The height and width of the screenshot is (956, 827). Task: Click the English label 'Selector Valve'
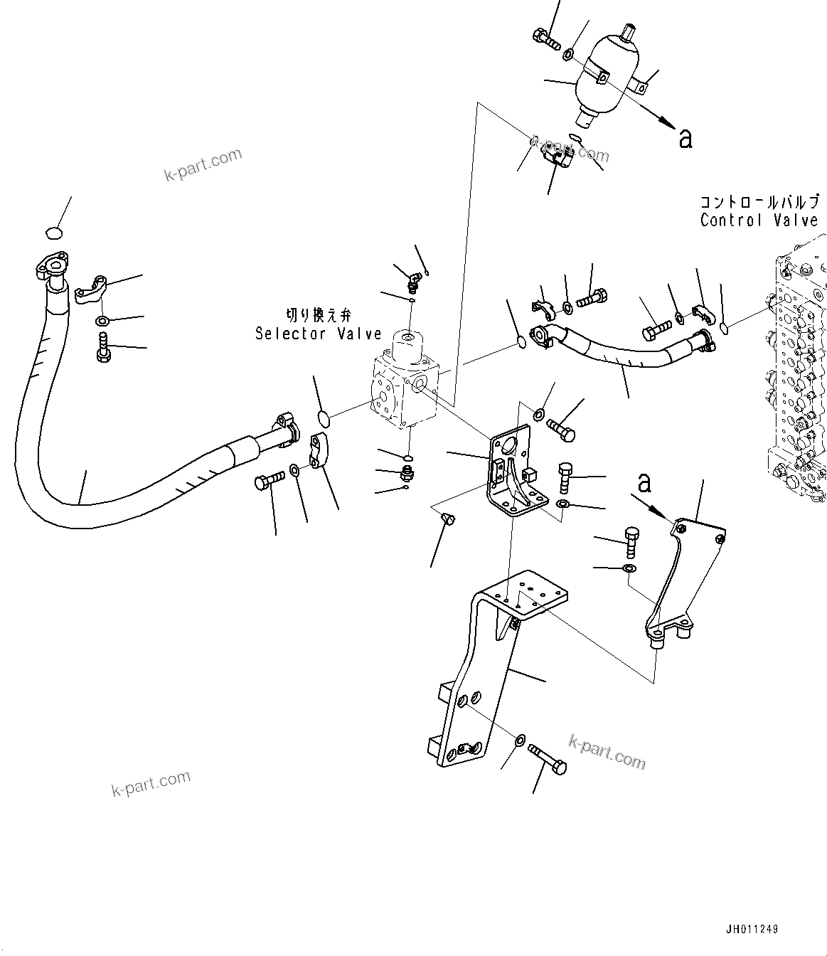[319, 334]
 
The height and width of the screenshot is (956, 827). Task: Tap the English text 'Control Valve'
[759, 221]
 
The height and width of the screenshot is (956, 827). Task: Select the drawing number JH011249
[752, 929]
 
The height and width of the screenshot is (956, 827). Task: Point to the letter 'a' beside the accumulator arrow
[685, 138]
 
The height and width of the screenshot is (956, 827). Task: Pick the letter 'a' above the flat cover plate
[644, 483]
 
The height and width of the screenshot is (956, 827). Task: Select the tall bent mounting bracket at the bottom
[484, 669]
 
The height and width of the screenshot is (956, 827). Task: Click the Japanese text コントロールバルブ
[759, 201]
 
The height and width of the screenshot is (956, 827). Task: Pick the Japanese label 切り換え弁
[318, 314]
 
